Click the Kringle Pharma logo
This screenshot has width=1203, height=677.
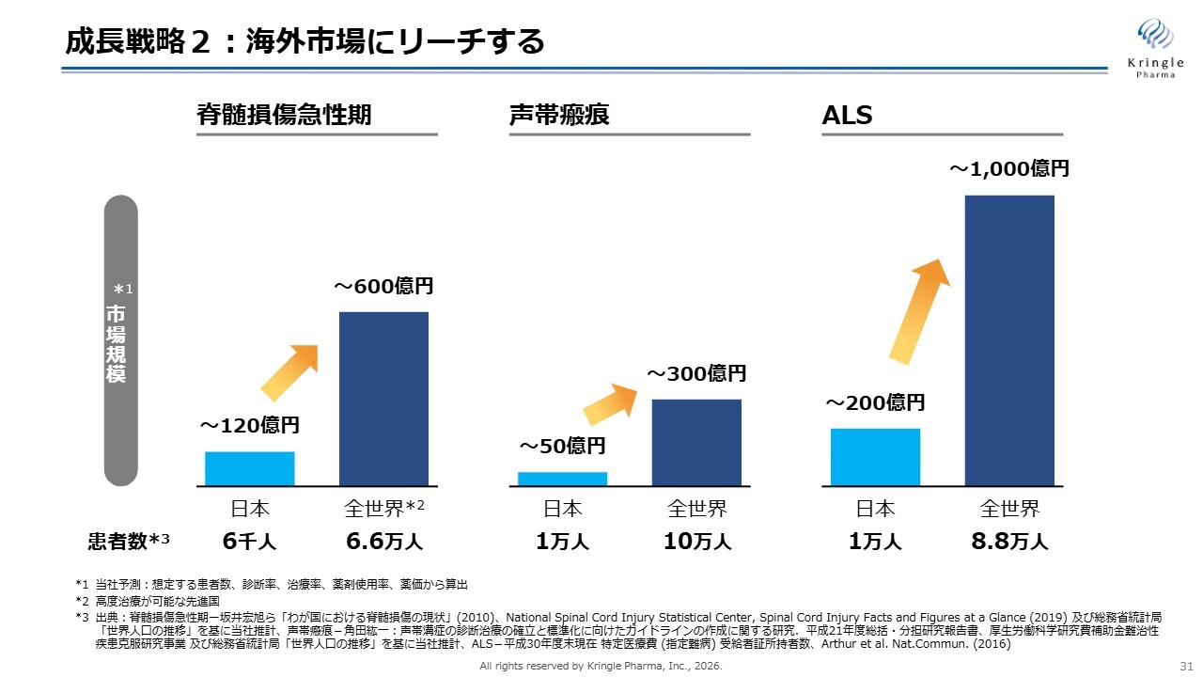point(1155,48)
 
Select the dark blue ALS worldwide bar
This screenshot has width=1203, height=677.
point(1009,340)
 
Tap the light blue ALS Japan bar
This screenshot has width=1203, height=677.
point(875,457)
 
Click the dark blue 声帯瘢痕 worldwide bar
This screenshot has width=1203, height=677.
point(696,443)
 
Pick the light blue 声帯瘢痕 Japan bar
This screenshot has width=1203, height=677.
point(562,480)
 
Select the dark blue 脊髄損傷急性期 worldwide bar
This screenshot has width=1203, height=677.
point(384,400)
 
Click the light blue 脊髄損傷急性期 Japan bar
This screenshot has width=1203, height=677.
point(250,469)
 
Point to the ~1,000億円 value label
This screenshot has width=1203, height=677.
point(1009,168)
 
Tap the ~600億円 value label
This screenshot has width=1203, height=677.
point(383,286)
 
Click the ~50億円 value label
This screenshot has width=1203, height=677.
point(562,446)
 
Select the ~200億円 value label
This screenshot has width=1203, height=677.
point(875,403)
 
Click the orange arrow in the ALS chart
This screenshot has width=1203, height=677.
point(919,311)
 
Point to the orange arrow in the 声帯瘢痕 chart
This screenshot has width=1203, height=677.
point(610,404)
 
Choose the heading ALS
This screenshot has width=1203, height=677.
point(847,115)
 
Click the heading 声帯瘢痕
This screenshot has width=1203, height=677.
point(559,115)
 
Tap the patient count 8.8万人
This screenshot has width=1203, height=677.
point(1009,541)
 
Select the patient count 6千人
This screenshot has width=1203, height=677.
point(249,541)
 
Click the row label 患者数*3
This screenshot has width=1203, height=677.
point(129,541)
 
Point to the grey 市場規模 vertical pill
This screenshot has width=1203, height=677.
point(121,340)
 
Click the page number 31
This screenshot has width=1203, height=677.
point(1186,667)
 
